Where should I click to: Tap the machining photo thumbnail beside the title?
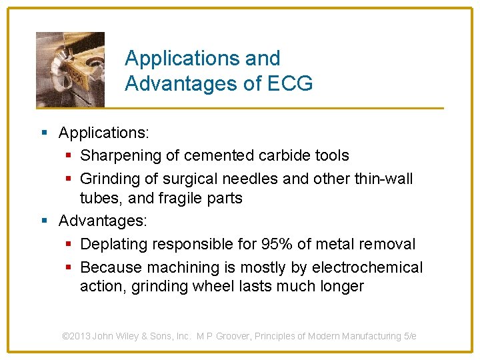pos(70,69)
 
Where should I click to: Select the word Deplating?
pos(113,244)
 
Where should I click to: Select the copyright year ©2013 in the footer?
pos(76,336)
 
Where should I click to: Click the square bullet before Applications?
pos(44,133)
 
